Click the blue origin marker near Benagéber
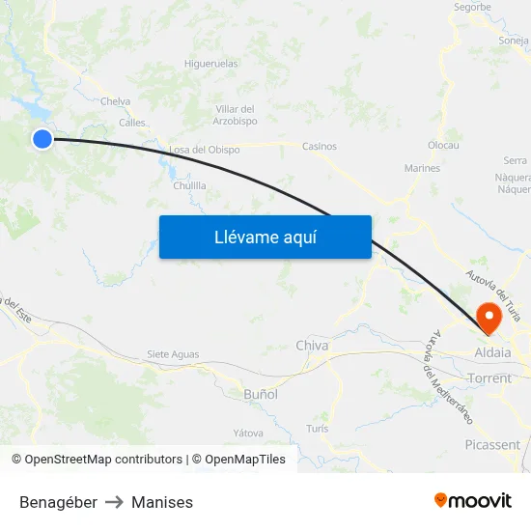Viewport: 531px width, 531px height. click(42, 139)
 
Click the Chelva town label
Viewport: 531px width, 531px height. click(115, 100)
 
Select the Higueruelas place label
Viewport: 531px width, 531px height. click(210, 64)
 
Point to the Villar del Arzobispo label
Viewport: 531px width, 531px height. click(236, 115)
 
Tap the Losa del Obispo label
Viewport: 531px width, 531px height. click(204, 150)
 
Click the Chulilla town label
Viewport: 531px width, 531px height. click(189, 185)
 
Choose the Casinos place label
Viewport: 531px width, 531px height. click(320, 147)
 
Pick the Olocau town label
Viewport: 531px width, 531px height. click(443, 145)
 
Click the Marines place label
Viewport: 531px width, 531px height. click(422, 168)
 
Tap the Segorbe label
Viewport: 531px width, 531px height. click(472, 7)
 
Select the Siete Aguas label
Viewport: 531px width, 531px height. click(173, 354)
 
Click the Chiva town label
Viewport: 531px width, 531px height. click(312, 346)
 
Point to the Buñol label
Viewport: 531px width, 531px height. click(261, 394)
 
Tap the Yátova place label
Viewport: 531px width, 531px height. click(248, 433)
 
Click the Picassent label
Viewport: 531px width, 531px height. click(491, 445)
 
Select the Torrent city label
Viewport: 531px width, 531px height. click(489, 378)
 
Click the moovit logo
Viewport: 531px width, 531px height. click(473, 501)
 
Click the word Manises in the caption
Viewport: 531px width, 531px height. click(162, 502)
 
